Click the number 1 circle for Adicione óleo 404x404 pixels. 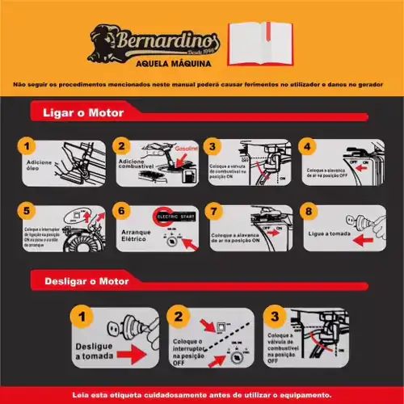pos(27,147)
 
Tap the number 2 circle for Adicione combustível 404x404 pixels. pos(123,147)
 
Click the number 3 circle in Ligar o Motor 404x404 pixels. pos(213,147)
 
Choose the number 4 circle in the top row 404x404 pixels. pos(306,147)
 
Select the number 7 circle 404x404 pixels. pos(213,212)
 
